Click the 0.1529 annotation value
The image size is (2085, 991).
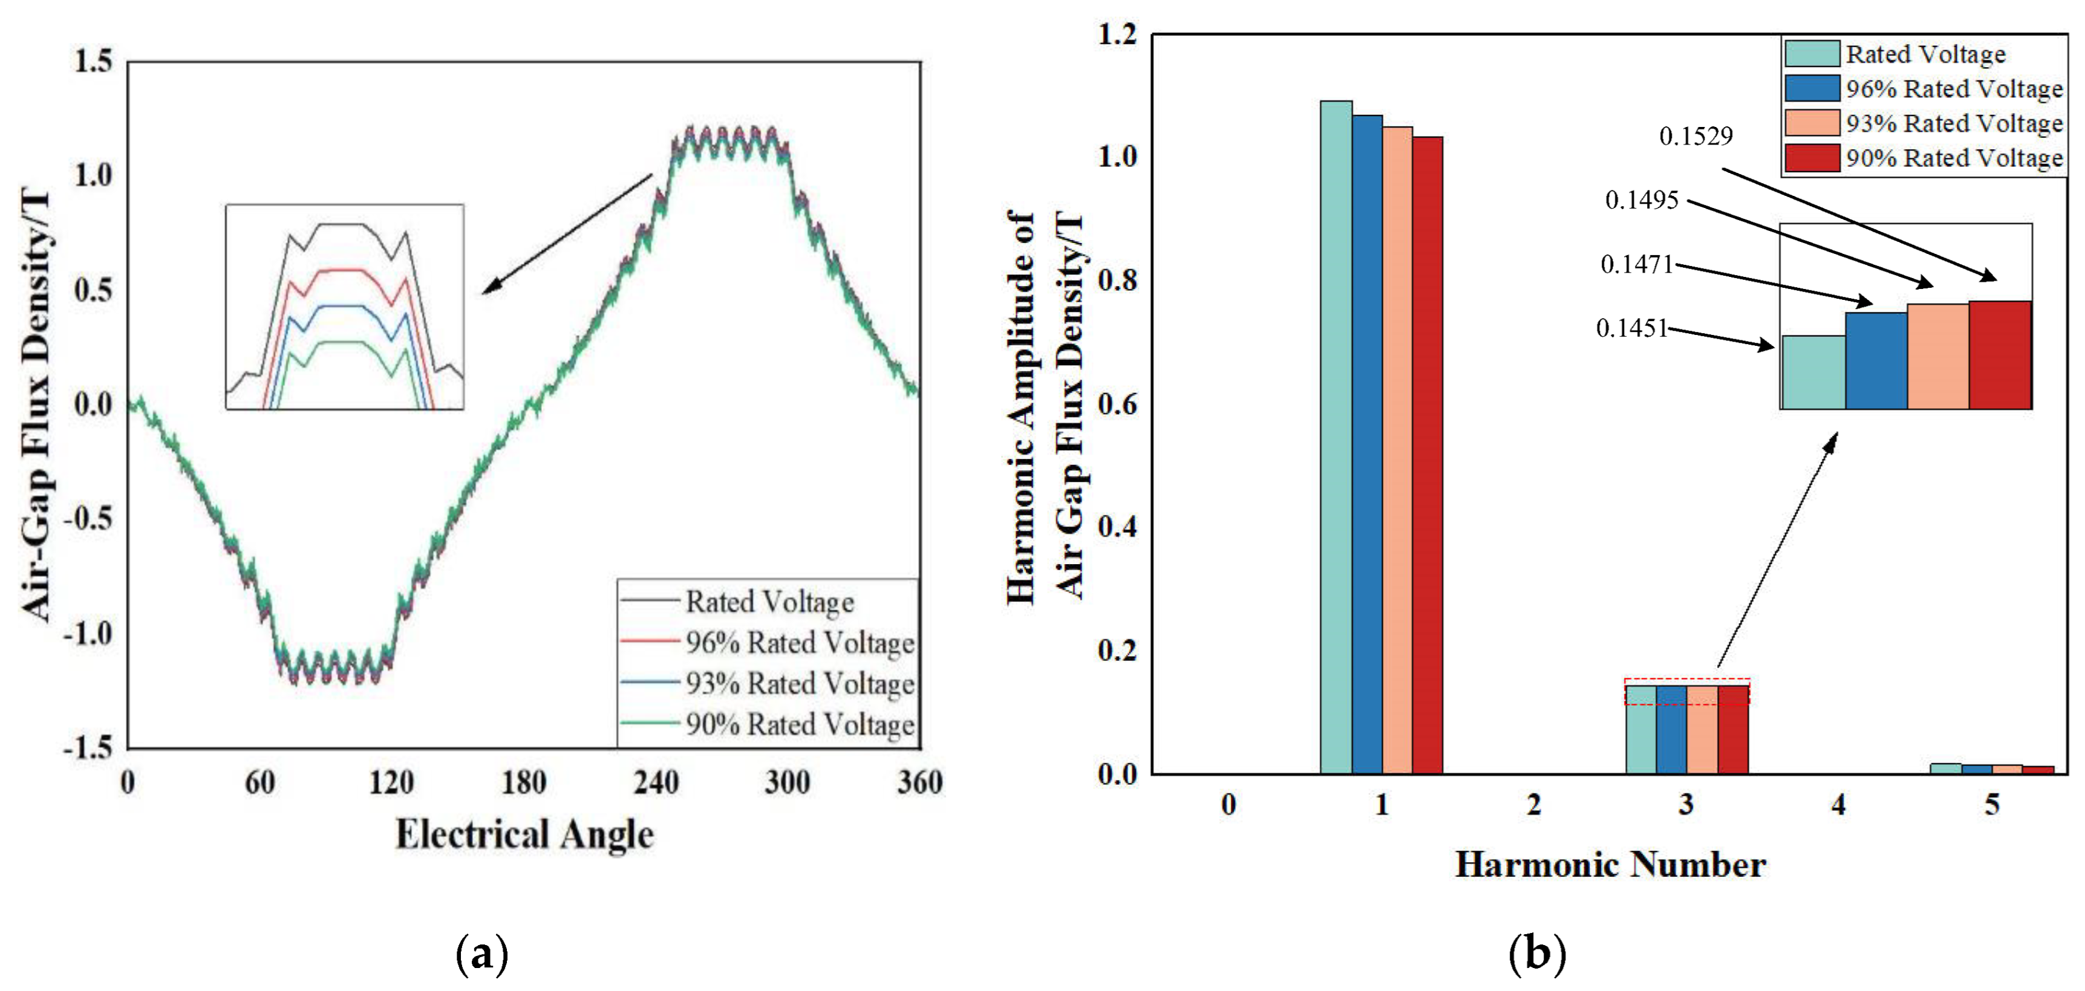[1695, 136]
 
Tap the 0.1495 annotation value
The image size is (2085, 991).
[1642, 200]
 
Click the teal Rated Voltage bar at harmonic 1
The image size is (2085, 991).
[1336, 437]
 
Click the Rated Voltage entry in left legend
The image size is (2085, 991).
[769, 602]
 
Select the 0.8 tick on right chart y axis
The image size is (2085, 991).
[1117, 280]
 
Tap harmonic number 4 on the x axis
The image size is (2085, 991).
[1838, 805]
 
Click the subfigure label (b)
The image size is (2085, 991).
[1536, 955]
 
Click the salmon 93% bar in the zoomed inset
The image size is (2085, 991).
[1937, 356]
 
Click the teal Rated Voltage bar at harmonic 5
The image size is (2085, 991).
[1945, 768]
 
